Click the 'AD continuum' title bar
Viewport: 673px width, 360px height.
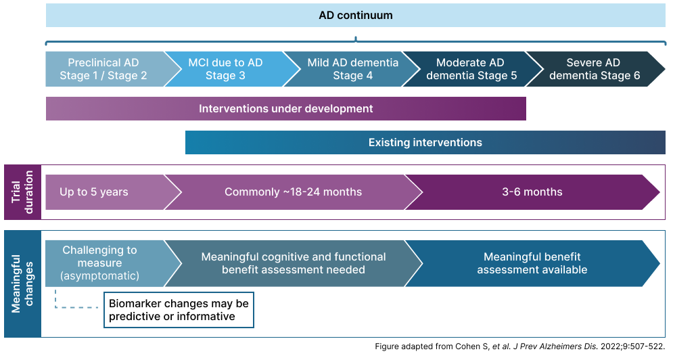(355, 15)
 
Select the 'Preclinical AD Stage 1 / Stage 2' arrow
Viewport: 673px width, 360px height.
(103, 69)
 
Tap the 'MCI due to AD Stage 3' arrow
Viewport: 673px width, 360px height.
(225, 69)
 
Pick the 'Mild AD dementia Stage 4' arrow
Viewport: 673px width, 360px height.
(352, 69)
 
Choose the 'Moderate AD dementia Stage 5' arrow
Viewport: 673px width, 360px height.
(471, 69)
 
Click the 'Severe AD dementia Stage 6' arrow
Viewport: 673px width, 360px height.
(594, 69)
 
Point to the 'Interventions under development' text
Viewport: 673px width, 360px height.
(285, 108)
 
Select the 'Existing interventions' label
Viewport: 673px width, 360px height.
(425, 143)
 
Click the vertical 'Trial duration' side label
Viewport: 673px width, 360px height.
(22, 192)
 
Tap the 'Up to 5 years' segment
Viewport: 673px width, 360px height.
(94, 192)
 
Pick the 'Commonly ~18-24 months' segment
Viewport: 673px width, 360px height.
(293, 192)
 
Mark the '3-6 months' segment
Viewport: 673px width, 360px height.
(532, 192)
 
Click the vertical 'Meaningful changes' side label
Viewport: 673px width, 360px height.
(22, 284)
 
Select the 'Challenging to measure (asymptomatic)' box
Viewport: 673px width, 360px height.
(99, 263)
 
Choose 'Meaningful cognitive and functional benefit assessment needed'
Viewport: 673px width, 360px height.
(294, 263)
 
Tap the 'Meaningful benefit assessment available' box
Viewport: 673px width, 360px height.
(532, 263)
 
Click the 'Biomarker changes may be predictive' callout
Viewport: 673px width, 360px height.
(179, 310)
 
